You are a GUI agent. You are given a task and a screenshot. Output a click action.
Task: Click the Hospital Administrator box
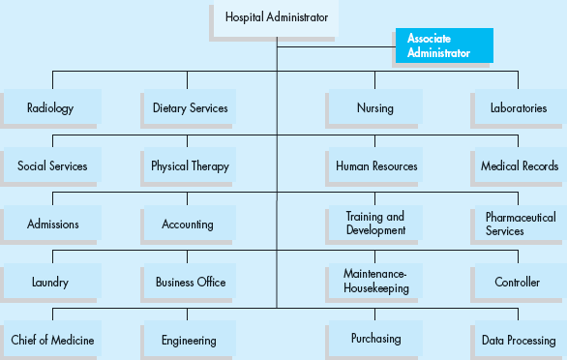[x=276, y=17]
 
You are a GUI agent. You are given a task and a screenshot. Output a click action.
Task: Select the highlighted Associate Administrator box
[x=443, y=45]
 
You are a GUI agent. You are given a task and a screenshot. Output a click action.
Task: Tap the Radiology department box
[x=50, y=107]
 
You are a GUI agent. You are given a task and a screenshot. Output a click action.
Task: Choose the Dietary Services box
[x=190, y=107]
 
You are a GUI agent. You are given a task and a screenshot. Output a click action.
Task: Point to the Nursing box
[x=374, y=107]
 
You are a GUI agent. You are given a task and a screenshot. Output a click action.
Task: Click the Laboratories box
[x=519, y=107]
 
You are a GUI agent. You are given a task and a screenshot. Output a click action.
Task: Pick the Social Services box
[x=52, y=165]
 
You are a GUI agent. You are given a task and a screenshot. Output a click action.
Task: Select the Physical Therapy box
[x=190, y=165]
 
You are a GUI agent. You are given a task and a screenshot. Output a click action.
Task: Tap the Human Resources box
[x=376, y=165]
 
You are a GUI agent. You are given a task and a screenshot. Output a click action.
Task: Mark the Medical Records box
[x=520, y=165]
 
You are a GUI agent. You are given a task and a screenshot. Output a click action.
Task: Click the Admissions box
[x=52, y=224]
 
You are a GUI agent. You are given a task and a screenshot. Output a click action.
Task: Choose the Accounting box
[x=188, y=224]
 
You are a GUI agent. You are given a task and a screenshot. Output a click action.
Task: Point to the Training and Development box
[x=374, y=224]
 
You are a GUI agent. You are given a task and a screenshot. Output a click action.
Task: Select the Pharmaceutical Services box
[x=520, y=224]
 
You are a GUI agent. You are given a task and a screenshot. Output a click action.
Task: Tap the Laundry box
[x=50, y=282]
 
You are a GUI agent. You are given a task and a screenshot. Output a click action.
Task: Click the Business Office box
[x=191, y=282]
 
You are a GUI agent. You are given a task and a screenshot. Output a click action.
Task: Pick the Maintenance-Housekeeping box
[x=375, y=282]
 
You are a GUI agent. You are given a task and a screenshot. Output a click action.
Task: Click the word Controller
[x=517, y=283]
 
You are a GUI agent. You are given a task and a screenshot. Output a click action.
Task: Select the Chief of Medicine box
[x=52, y=340]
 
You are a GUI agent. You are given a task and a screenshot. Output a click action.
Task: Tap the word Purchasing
[x=375, y=339]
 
